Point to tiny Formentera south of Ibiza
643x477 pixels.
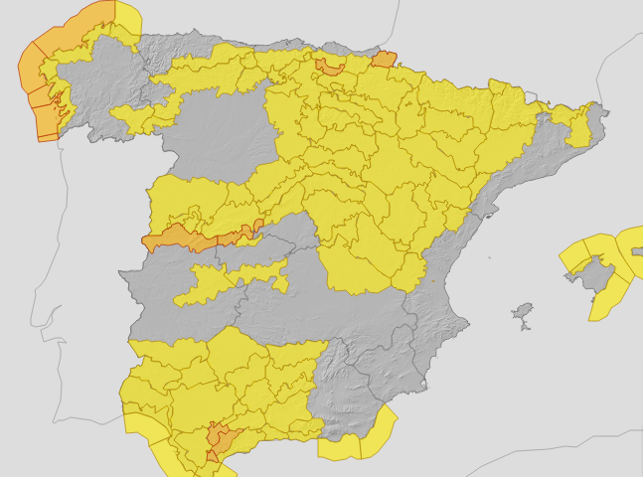click(524, 327)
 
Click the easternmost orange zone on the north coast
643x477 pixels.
click(384, 60)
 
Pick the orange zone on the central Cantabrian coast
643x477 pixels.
click(329, 67)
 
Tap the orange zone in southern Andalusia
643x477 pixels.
click(220, 439)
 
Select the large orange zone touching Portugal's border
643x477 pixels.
click(177, 238)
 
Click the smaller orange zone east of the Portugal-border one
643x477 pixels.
click(240, 235)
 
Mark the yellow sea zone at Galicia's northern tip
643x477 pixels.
click(127, 17)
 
